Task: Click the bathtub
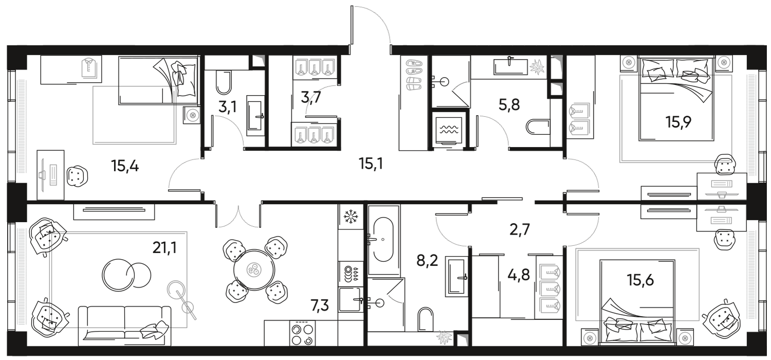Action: [x=382, y=239]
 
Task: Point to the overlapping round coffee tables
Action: [x=126, y=273]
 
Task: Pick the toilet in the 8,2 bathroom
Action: [x=425, y=319]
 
